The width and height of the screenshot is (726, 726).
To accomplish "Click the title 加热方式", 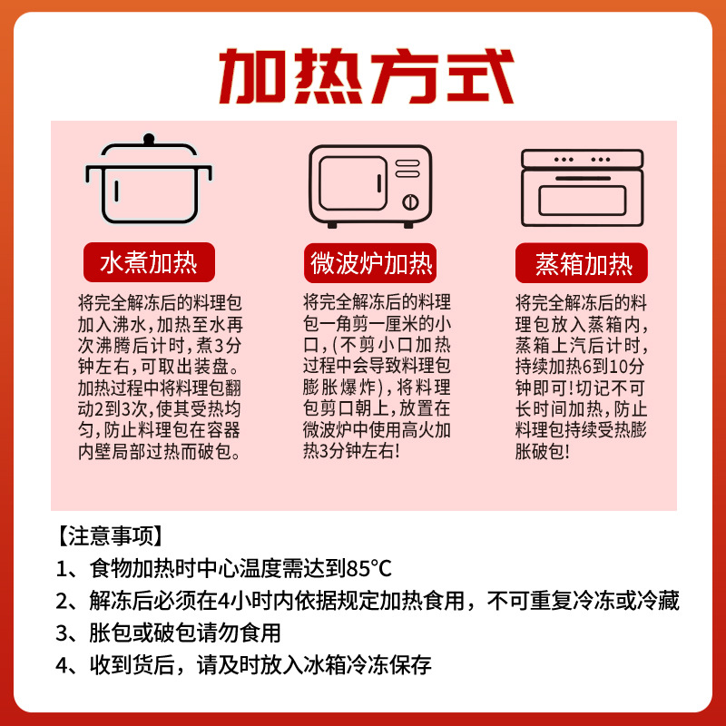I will (x=366, y=75).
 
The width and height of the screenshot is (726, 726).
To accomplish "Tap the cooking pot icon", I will (x=148, y=181).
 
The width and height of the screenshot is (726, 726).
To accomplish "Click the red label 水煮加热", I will (x=148, y=264).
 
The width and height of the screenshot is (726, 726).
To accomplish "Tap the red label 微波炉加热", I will (x=371, y=264).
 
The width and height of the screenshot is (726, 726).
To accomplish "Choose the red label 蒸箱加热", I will (x=584, y=265).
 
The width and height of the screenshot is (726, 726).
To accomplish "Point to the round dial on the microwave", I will (x=409, y=201).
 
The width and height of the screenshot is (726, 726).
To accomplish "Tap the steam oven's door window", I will (x=583, y=199).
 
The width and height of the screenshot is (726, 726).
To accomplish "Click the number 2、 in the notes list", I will (x=68, y=601).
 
